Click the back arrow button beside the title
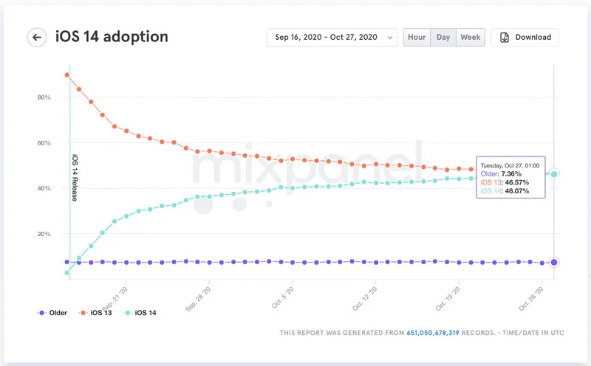pyautogui.click(x=37, y=38)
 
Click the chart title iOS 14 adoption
pyautogui.click(x=112, y=37)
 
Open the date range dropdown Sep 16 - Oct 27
pyautogui.click(x=332, y=38)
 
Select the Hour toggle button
pyautogui.click(x=417, y=38)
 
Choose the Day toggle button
pyautogui.click(x=443, y=38)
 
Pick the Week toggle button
pyautogui.click(x=470, y=38)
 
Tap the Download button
pyautogui.click(x=525, y=38)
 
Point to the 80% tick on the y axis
pyautogui.click(x=44, y=97)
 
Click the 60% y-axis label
pyautogui.click(x=44, y=143)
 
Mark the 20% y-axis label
pyautogui.click(x=44, y=234)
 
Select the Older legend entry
pyautogui.click(x=53, y=313)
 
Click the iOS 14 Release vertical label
pyautogui.click(x=75, y=177)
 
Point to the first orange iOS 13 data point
pyautogui.click(x=67, y=75)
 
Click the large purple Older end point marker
pyautogui.click(x=554, y=262)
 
